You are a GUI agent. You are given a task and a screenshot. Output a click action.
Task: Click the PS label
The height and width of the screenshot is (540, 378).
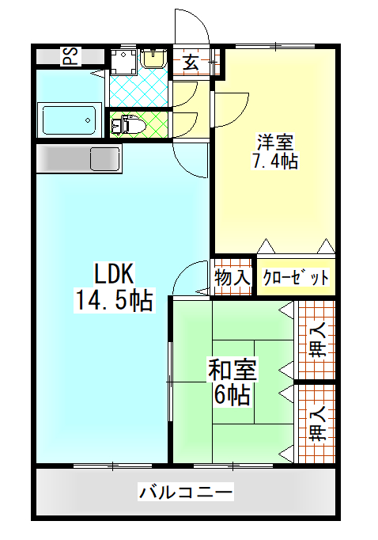pyautogui.click(x=71, y=57)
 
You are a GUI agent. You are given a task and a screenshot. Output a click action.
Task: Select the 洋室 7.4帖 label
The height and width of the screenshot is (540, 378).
pyautogui.click(x=275, y=152)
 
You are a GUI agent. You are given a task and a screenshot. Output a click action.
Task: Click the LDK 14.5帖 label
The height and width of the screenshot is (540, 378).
pyautogui.click(x=114, y=287)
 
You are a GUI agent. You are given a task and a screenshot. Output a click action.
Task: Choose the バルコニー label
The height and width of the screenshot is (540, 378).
pyautogui.click(x=186, y=492)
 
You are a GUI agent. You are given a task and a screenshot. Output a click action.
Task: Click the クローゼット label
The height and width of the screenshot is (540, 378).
pyautogui.click(x=296, y=278)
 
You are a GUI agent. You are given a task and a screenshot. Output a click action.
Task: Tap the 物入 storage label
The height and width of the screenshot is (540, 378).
pyautogui.click(x=232, y=278)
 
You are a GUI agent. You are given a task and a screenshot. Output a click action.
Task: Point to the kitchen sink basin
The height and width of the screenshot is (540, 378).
pyautogui.click(x=104, y=159)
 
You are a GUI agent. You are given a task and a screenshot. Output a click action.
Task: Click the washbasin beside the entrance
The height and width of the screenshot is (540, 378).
pyautogui.click(x=153, y=59)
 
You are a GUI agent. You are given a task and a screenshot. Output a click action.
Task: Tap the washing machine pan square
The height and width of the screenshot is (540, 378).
pyautogui.click(x=124, y=62)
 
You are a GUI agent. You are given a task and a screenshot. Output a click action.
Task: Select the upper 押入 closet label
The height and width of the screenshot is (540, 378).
pyautogui.click(x=317, y=340)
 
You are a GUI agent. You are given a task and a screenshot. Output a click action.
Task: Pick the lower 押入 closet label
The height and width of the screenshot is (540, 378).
pyautogui.click(x=317, y=424)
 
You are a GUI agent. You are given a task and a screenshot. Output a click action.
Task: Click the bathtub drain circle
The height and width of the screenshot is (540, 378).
pyautogui.click(x=88, y=120)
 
